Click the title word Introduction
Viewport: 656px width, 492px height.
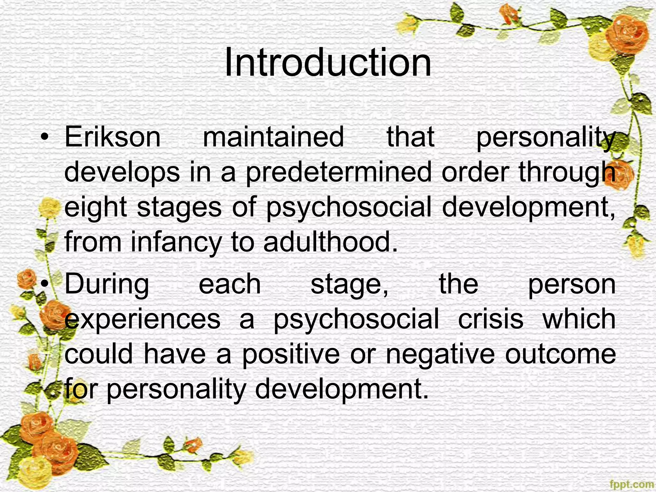[x=328, y=62]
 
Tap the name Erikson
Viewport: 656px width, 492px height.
[x=112, y=137]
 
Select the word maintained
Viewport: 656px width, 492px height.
[x=273, y=137]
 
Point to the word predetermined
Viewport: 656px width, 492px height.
[x=339, y=172]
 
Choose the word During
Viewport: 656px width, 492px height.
[x=107, y=284]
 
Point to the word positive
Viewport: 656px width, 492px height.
[x=291, y=354]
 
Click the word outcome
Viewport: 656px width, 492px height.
[x=560, y=354]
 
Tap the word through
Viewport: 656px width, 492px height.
[x=567, y=172]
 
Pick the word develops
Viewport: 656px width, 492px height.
[x=122, y=172]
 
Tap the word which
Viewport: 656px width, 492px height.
[x=579, y=319]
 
